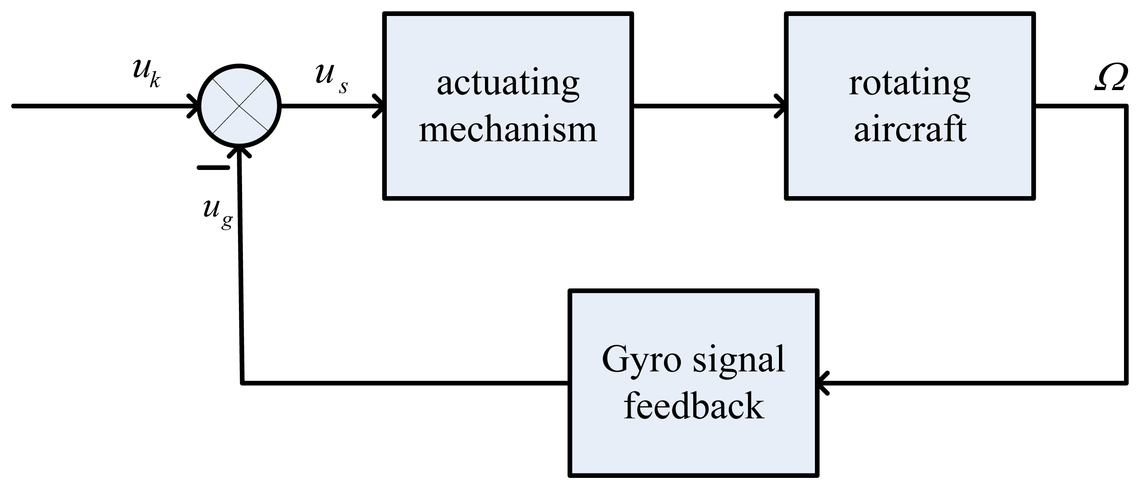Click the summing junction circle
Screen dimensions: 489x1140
pyautogui.click(x=240, y=106)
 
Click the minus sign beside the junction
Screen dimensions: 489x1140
pyautogui.click(x=213, y=168)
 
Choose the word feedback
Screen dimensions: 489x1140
pyautogui.click(x=694, y=406)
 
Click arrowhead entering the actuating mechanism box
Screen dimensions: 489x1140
pyautogui.click(x=379, y=106)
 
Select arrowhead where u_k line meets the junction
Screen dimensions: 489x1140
pyautogui.click(x=195, y=106)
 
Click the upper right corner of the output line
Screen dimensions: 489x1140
pyautogui.click(x=1126, y=106)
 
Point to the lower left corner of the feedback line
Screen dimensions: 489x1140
pyautogui.click(x=242, y=383)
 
